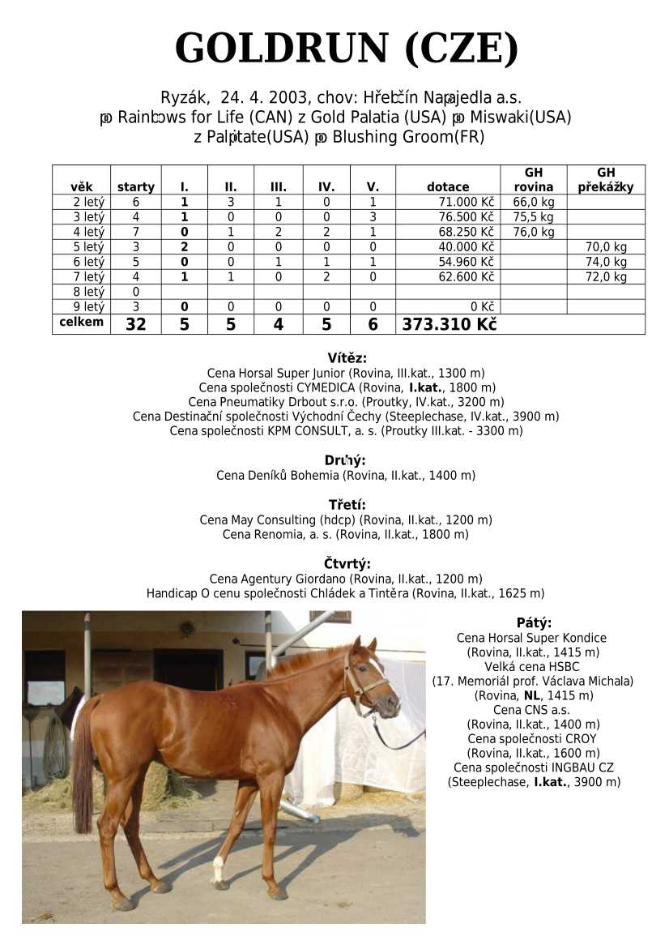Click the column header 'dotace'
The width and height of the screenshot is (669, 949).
447,187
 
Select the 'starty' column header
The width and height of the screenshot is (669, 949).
135,187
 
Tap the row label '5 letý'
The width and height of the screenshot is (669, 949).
88,247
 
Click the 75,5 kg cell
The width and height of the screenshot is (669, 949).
533,217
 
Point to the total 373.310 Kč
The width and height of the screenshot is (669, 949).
449,324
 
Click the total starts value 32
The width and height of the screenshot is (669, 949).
135,324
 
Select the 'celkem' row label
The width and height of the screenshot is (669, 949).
81,322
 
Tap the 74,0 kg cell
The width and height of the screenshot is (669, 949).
606,262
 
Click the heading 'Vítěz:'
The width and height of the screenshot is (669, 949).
347,358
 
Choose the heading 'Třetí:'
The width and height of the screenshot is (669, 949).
347,505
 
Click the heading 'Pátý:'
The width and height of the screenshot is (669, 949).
534,623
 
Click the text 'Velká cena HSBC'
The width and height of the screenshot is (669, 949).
533,667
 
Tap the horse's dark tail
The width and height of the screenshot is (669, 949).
83,770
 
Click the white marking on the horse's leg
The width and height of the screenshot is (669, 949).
217,869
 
